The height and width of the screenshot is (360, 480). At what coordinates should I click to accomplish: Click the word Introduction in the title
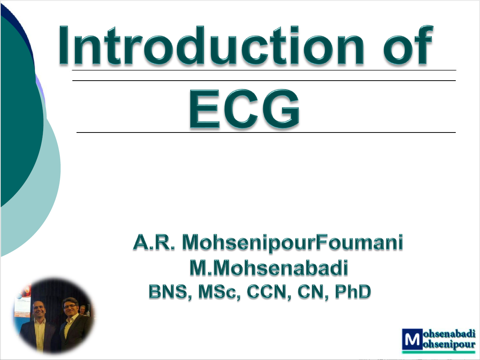point(211,45)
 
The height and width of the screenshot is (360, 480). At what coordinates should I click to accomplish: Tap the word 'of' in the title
point(408,45)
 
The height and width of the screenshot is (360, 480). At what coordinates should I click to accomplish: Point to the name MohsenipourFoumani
point(292,243)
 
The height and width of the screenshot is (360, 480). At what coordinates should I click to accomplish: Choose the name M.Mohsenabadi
point(269,268)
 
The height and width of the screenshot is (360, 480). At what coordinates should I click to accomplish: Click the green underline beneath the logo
point(439,352)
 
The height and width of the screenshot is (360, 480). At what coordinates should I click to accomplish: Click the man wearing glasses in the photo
point(72,323)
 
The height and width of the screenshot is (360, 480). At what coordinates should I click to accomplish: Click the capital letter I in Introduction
point(64,45)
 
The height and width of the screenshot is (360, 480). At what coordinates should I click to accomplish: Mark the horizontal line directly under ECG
point(266,132)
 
